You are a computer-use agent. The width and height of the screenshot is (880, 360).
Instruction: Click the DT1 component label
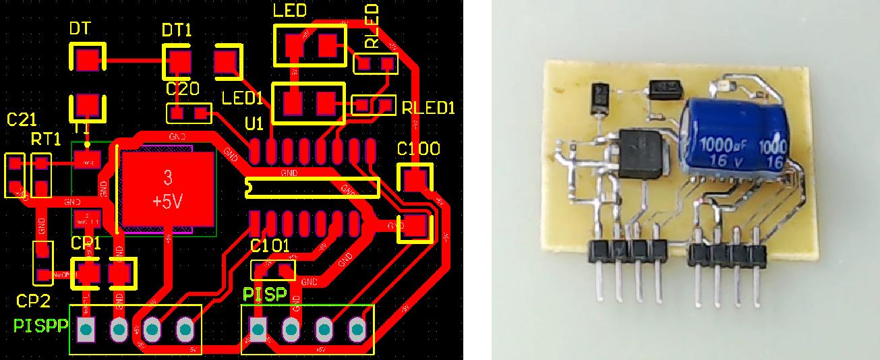(x=177, y=30)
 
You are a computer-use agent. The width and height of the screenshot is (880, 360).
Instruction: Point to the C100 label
(x=418, y=149)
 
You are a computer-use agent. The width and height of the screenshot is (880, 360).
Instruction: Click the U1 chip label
(x=254, y=124)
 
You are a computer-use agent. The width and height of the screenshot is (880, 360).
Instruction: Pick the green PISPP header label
(x=40, y=326)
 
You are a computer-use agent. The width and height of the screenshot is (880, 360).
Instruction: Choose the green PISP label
(x=265, y=295)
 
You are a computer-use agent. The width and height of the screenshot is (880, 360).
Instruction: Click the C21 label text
(x=21, y=120)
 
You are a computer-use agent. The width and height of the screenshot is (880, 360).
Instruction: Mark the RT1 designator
(x=46, y=140)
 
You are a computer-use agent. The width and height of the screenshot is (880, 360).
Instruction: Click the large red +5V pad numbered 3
(x=167, y=187)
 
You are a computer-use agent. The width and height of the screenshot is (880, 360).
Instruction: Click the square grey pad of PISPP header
(x=86, y=330)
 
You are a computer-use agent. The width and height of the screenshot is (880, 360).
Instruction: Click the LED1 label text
(x=242, y=98)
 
